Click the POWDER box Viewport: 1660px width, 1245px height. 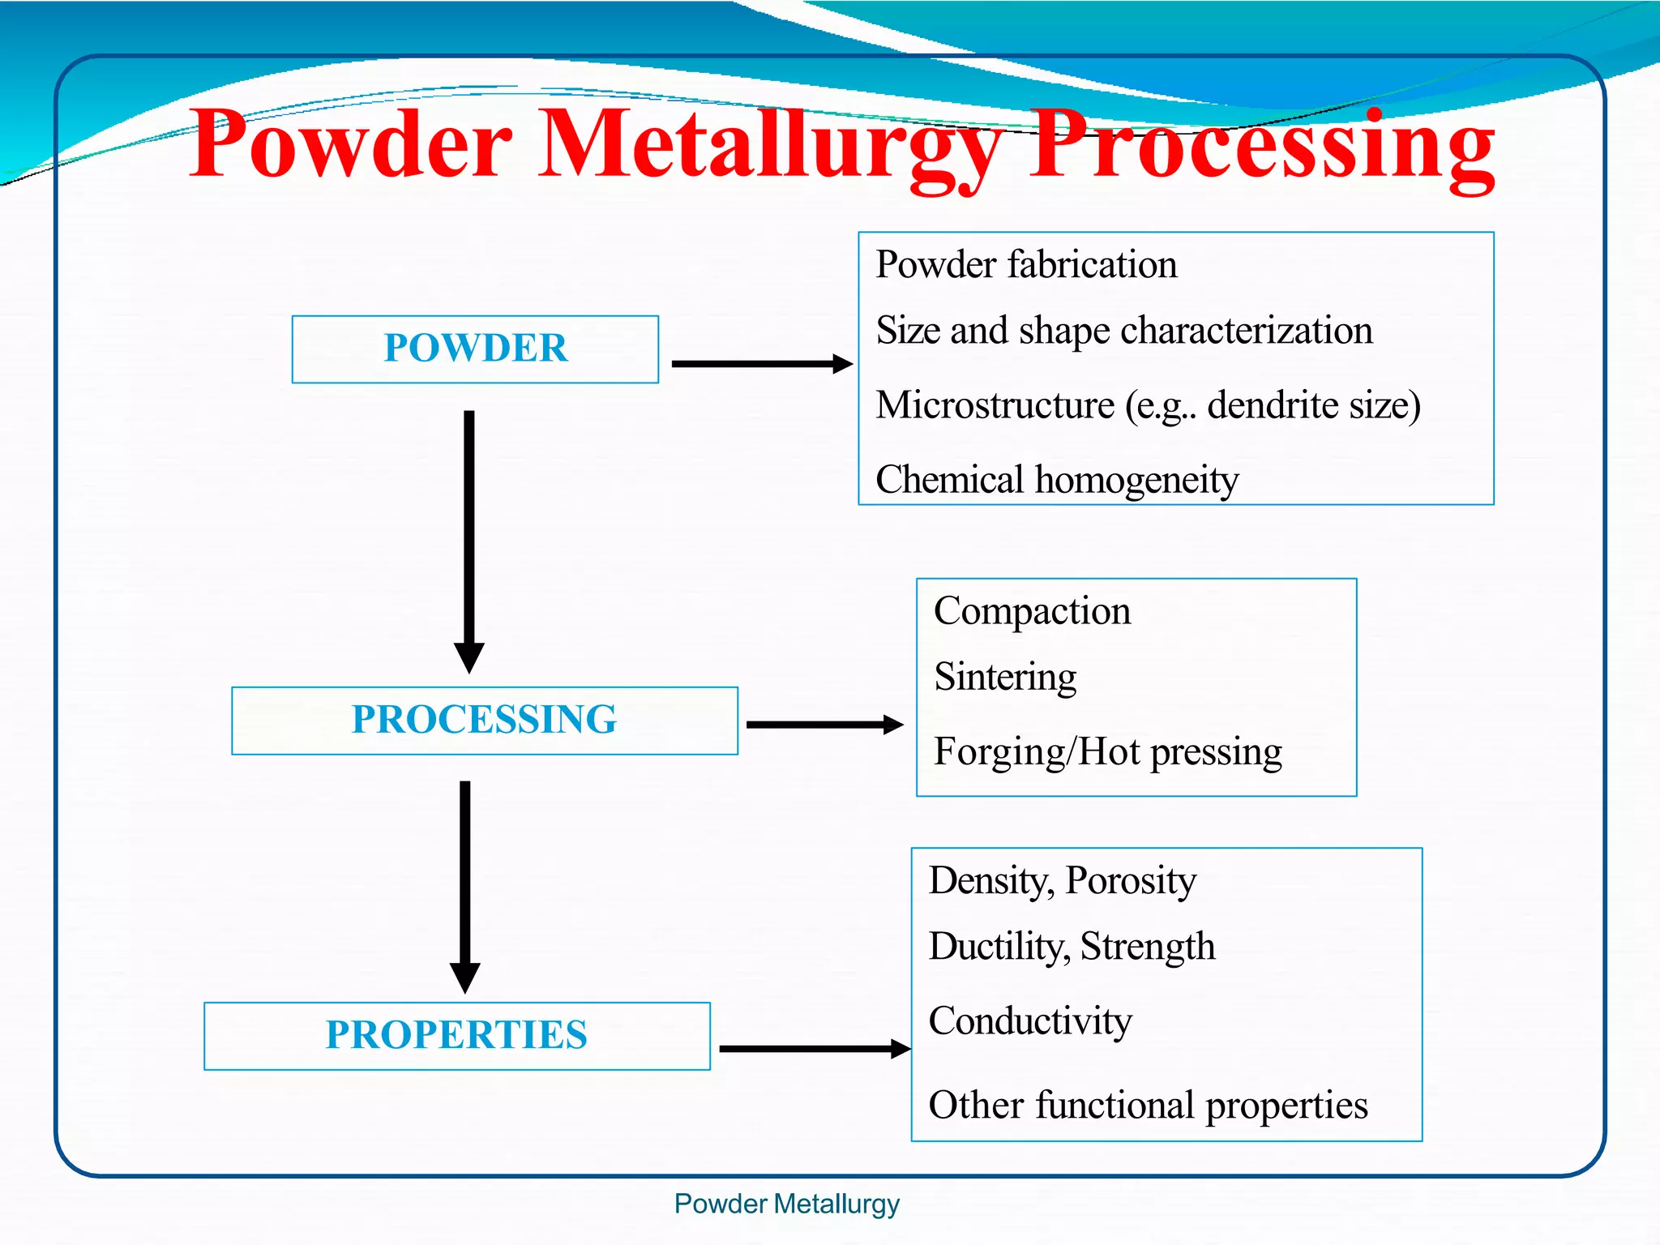click(x=475, y=349)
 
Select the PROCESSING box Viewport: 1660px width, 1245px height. click(x=484, y=720)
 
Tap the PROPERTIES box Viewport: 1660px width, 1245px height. click(x=456, y=1035)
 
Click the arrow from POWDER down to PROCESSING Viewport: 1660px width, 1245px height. click(x=468, y=535)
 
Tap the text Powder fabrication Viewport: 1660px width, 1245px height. click(x=1026, y=265)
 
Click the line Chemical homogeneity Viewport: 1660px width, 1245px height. click(x=1057, y=480)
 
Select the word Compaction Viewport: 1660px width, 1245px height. click(x=1032, y=611)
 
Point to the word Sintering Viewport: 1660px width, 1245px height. click(x=1005, y=677)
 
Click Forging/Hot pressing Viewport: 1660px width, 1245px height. click(x=1107, y=752)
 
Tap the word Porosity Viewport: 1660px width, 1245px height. click(x=1130, y=881)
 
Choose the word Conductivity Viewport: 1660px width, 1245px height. click(x=1029, y=1021)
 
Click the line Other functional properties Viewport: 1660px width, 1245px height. click(x=1148, y=1106)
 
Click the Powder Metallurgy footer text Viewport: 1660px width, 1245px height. click(x=786, y=1204)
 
